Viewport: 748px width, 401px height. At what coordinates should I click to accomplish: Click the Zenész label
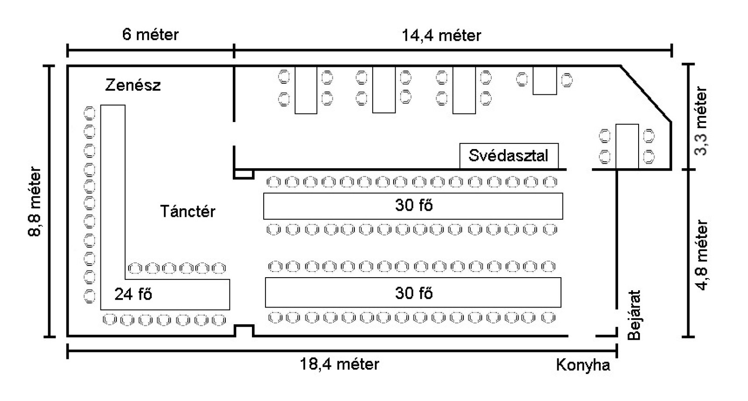pyautogui.click(x=133, y=85)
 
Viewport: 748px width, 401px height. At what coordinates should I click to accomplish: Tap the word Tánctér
pyautogui.click(x=187, y=211)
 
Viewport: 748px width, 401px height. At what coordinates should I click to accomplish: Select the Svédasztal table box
pyautogui.click(x=509, y=155)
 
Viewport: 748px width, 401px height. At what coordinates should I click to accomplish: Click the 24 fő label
pyautogui.click(x=133, y=294)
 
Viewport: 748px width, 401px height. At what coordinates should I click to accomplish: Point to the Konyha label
pyautogui.click(x=583, y=365)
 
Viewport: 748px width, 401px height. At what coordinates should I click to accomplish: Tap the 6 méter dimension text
pyautogui.click(x=150, y=35)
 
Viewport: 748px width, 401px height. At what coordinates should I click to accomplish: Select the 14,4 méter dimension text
pyautogui.click(x=441, y=36)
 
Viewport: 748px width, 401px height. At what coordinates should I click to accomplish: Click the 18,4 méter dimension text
pyautogui.click(x=339, y=364)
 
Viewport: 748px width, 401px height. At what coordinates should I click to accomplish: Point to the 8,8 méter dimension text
pyautogui.click(x=36, y=202)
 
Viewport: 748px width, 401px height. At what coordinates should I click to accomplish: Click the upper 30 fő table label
pyautogui.click(x=414, y=205)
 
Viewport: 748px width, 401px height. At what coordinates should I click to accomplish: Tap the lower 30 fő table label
pyautogui.click(x=414, y=293)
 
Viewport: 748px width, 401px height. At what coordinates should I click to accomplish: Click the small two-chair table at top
pyautogui.click(x=545, y=80)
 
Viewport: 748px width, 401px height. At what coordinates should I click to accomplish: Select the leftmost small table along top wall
pyautogui.click(x=306, y=90)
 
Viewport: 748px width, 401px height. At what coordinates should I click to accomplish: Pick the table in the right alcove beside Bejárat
pyautogui.click(x=626, y=146)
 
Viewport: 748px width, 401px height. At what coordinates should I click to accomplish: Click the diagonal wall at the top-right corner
pyautogui.click(x=646, y=94)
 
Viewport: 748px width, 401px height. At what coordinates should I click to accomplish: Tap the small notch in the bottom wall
pyautogui.click(x=244, y=330)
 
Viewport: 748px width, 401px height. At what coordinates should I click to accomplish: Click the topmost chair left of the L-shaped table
pyautogui.click(x=89, y=113)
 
